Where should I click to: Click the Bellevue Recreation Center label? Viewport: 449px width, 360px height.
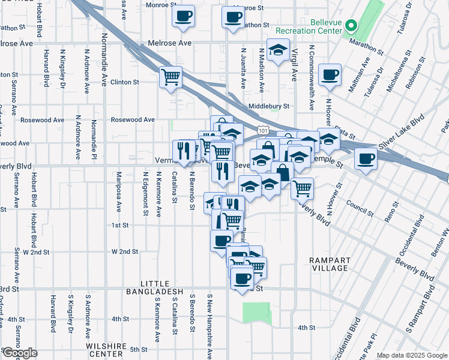310,26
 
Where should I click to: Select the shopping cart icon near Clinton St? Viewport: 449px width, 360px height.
171,77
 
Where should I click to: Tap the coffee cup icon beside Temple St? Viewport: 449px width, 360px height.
365,160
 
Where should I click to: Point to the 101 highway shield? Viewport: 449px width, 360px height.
262,129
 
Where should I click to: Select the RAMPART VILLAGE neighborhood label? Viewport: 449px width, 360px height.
328,264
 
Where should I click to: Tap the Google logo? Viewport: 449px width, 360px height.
19,353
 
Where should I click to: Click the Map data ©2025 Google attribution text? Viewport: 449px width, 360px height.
412,355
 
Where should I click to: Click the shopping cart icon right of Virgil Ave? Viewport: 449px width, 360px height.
303,188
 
